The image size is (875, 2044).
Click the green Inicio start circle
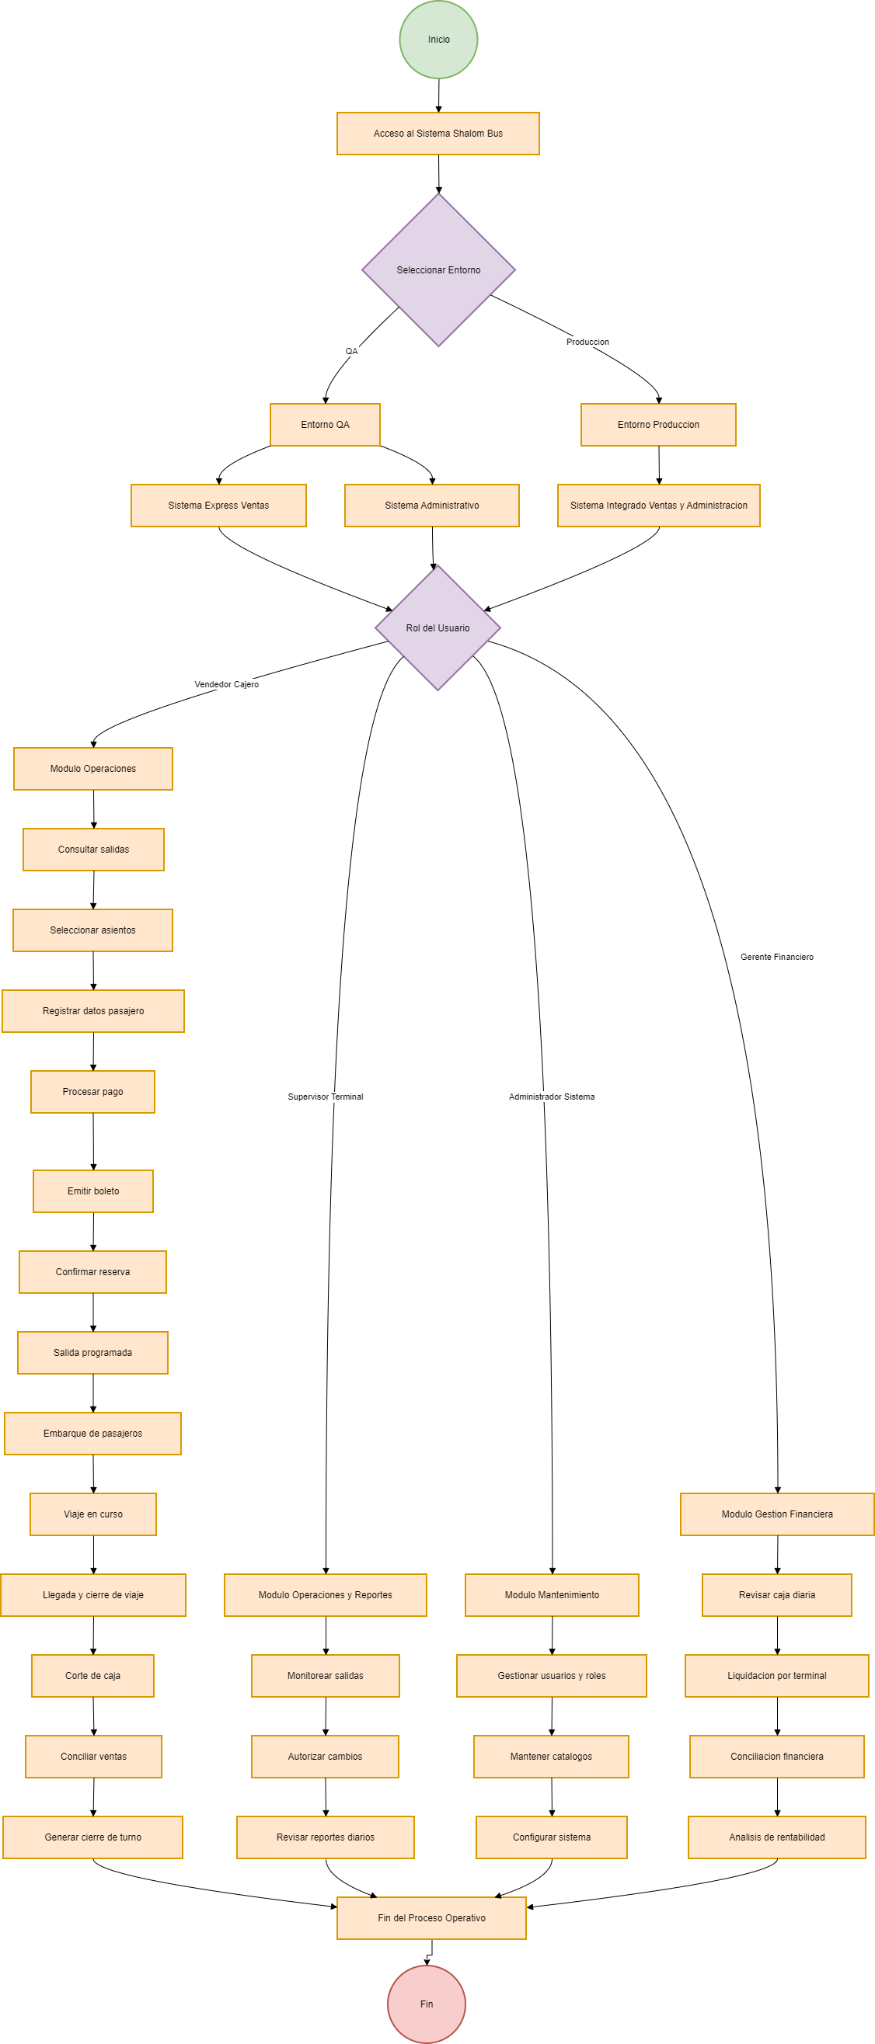(x=438, y=40)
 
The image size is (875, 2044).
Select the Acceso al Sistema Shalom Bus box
(x=438, y=134)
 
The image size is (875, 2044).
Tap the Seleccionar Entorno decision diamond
(x=438, y=269)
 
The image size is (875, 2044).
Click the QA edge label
(x=352, y=351)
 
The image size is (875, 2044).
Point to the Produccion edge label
(x=587, y=342)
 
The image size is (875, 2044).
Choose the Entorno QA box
(x=325, y=425)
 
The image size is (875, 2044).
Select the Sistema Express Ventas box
(x=218, y=506)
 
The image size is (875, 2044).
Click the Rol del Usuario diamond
(x=437, y=627)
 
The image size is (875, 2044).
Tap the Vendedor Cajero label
(x=227, y=684)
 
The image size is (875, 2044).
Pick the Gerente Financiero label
(x=777, y=957)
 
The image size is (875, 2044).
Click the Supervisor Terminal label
(x=326, y=1097)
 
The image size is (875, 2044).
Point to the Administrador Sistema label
(x=552, y=1097)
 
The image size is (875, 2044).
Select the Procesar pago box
(x=93, y=1092)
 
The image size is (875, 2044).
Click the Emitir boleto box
(x=93, y=1191)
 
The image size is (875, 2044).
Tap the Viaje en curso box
(x=93, y=1514)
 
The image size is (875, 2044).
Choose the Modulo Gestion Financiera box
(x=776, y=1514)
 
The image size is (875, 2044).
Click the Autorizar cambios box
(x=325, y=1756)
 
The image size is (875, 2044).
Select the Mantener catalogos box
(x=551, y=1756)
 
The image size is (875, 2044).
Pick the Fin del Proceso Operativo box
(x=431, y=1918)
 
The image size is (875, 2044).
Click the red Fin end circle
(x=427, y=2004)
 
